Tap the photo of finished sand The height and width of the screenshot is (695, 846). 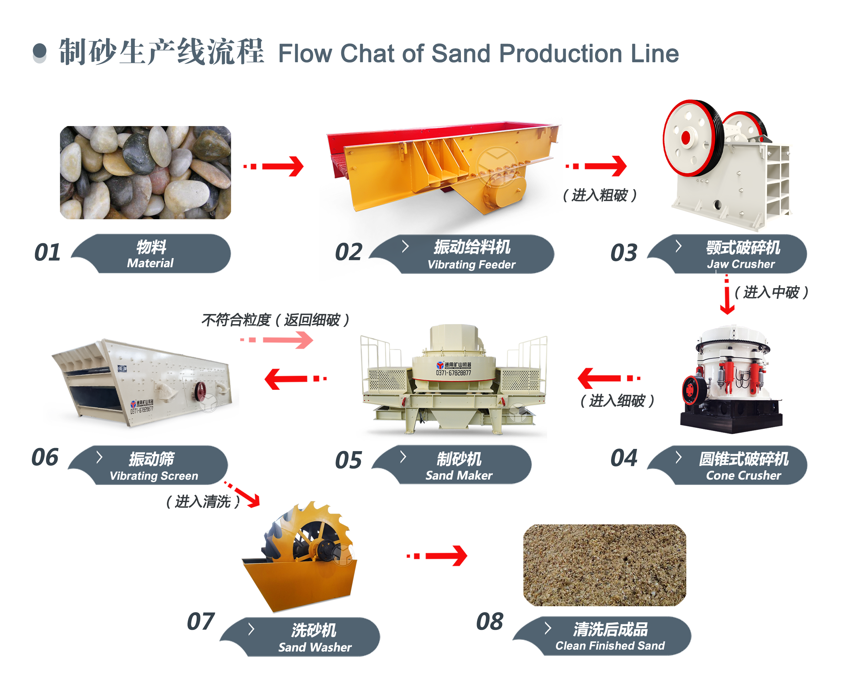[x=605, y=565]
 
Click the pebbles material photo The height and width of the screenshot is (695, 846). [x=145, y=172]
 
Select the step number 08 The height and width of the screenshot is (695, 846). [x=490, y=621]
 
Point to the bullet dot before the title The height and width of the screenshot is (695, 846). [x=39, y=51]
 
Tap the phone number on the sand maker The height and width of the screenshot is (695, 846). [x=453, y=373]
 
